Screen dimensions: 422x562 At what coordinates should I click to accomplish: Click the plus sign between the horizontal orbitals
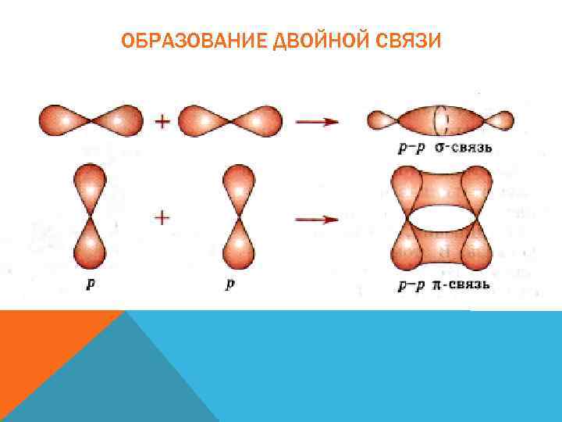point(163,121)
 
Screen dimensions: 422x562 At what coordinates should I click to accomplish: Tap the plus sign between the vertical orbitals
point(162,217)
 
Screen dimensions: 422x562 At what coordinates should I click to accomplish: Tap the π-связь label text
point(461,284)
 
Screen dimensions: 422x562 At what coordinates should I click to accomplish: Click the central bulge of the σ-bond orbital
point(441,121)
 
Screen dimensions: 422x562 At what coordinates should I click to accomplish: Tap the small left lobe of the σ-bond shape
point(383,120)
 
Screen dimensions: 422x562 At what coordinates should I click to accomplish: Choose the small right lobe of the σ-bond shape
point(500,121)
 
